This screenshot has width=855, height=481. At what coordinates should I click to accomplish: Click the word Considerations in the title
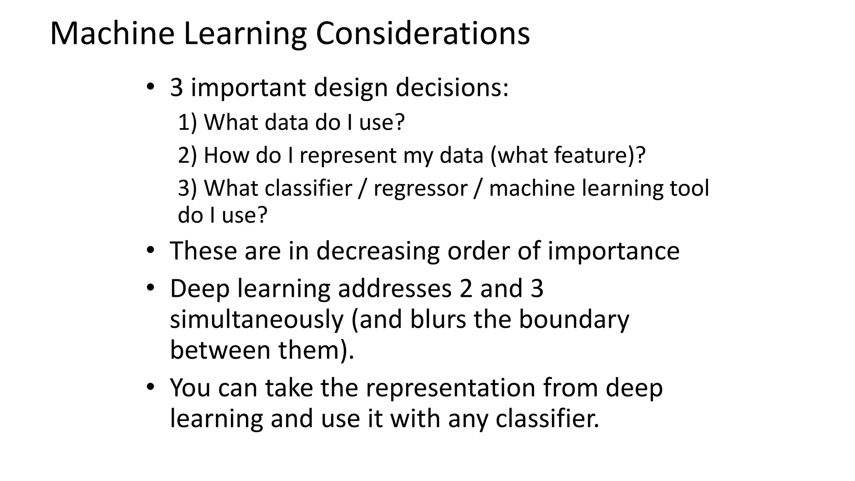[422, 33]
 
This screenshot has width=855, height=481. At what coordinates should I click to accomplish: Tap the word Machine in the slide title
[112, 33]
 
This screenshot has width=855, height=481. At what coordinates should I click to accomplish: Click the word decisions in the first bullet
[452, 88]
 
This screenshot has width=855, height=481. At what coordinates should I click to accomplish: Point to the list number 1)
[187, 122]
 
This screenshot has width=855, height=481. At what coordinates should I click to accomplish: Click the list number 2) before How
[187, 155]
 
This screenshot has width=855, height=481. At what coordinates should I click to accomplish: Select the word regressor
[420, 188]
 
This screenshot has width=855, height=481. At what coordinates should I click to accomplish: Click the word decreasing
[378, 251]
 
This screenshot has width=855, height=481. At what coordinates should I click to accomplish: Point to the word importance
[613, 251]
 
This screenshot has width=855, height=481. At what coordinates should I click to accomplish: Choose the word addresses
[395, 289]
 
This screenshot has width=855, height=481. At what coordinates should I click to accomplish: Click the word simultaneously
[257, 319]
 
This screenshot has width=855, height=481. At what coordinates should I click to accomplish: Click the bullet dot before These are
[150, 251]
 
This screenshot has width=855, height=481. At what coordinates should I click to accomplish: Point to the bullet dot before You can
[150, 387]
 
